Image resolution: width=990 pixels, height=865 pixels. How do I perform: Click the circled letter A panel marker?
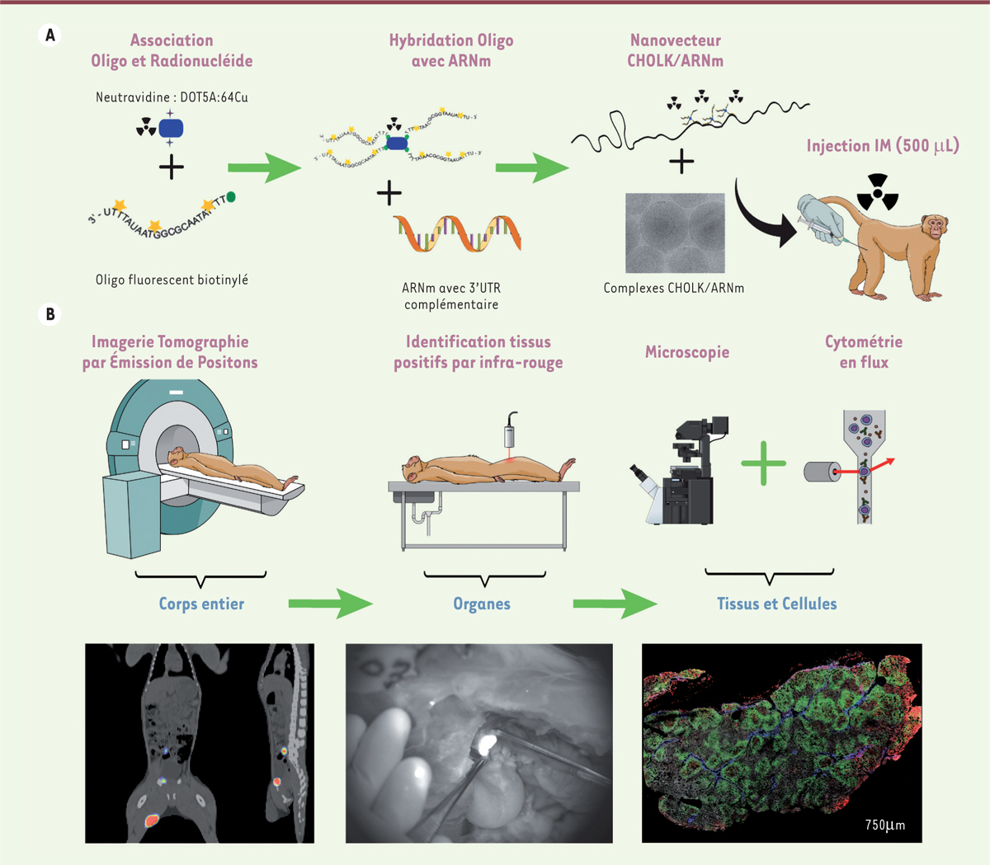50,35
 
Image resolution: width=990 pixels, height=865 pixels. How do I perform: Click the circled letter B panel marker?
50,314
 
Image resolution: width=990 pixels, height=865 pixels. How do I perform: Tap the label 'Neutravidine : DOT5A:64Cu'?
172,97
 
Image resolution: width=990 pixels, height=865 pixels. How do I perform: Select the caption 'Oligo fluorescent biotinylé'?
172,280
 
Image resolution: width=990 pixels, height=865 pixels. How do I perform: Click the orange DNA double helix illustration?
457,233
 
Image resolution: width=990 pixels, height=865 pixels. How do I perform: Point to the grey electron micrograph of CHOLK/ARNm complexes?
675,233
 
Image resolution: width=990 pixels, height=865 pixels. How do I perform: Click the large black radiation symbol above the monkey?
877,191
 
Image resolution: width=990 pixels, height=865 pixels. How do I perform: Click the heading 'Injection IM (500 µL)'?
883,146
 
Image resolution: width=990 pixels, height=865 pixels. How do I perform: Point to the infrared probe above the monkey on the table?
512,430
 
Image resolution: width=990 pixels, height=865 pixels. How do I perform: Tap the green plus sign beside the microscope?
763,463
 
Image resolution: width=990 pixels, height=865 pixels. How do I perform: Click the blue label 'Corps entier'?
201,604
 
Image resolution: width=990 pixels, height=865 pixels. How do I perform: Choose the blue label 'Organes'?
482,604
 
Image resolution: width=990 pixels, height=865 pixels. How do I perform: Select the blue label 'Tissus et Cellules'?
776,604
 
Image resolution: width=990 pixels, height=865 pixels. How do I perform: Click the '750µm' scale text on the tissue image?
884,825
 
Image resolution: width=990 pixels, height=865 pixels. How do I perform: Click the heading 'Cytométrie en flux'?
864,352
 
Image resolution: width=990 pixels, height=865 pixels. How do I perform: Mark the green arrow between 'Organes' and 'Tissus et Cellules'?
615,604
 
